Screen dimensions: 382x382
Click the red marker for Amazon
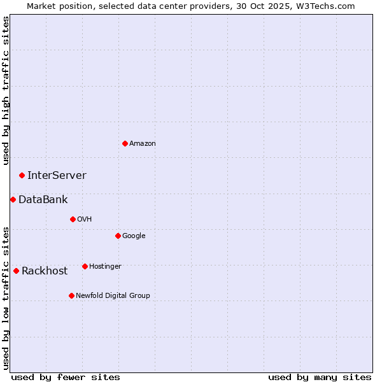coord(125,143)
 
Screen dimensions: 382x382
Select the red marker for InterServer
coord(22,175)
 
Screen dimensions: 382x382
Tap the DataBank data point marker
coord(13,199)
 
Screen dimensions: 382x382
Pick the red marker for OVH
coord(73,219)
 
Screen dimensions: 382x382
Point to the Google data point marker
coord(118,236)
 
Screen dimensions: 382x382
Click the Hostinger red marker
coord(85,266)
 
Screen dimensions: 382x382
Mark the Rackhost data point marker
coord(16,271)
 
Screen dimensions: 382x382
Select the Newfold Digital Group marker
coord(71,295)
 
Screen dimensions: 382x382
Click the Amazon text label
coord(143,144)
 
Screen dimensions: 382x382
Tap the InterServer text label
coord(57,176)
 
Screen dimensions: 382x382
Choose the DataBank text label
coord(43,200)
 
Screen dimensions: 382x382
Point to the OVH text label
coord(85,220)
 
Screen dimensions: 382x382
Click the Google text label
coord(134,236)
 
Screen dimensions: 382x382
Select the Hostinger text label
coord(105,267)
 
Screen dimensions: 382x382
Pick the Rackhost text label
coord(45,271)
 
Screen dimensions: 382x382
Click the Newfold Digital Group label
coord(113,296)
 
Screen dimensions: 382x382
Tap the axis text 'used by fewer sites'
coord(66,377)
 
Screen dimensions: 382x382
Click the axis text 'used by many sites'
coord(320,377)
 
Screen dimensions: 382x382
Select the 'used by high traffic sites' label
coord(6,90)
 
